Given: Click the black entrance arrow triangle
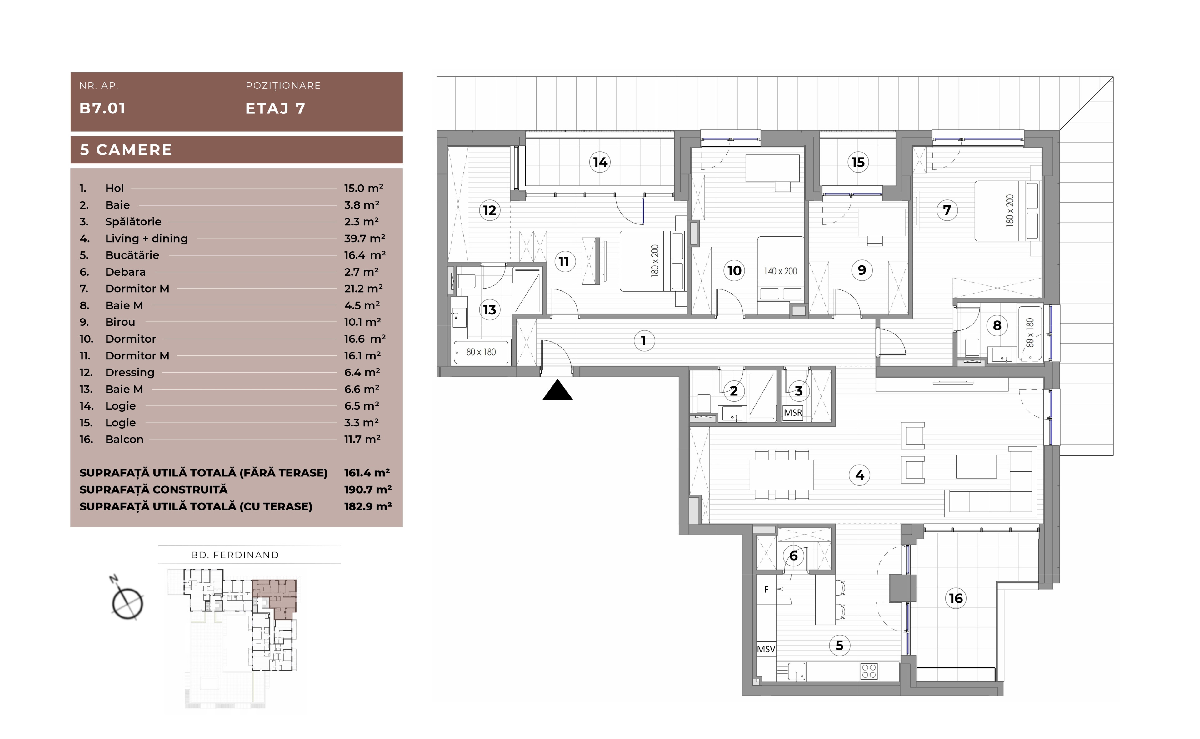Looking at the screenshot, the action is pyautogui.click(x=557, y=390).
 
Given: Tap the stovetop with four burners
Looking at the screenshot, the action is pyautogui.click(x=869, y=671).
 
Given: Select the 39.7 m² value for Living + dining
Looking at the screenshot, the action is pyautogui.click(x=364, y=239).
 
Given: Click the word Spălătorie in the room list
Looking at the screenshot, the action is pyautogui.click(x=133, y=222).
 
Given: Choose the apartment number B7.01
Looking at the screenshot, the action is pyautogui.click(x=102, y=108).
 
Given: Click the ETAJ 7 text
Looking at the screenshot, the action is pyautogui.click(x=276, y=108).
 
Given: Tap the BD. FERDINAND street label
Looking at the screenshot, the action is pyautogui.click(x=235, y=555).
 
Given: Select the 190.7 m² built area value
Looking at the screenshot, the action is pyautogui.click(x=368, y=489).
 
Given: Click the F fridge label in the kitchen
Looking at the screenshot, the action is pyautogui.click(x=766, y=590).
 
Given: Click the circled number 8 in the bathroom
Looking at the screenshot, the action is pyautogui.click(x=997, y=325).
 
